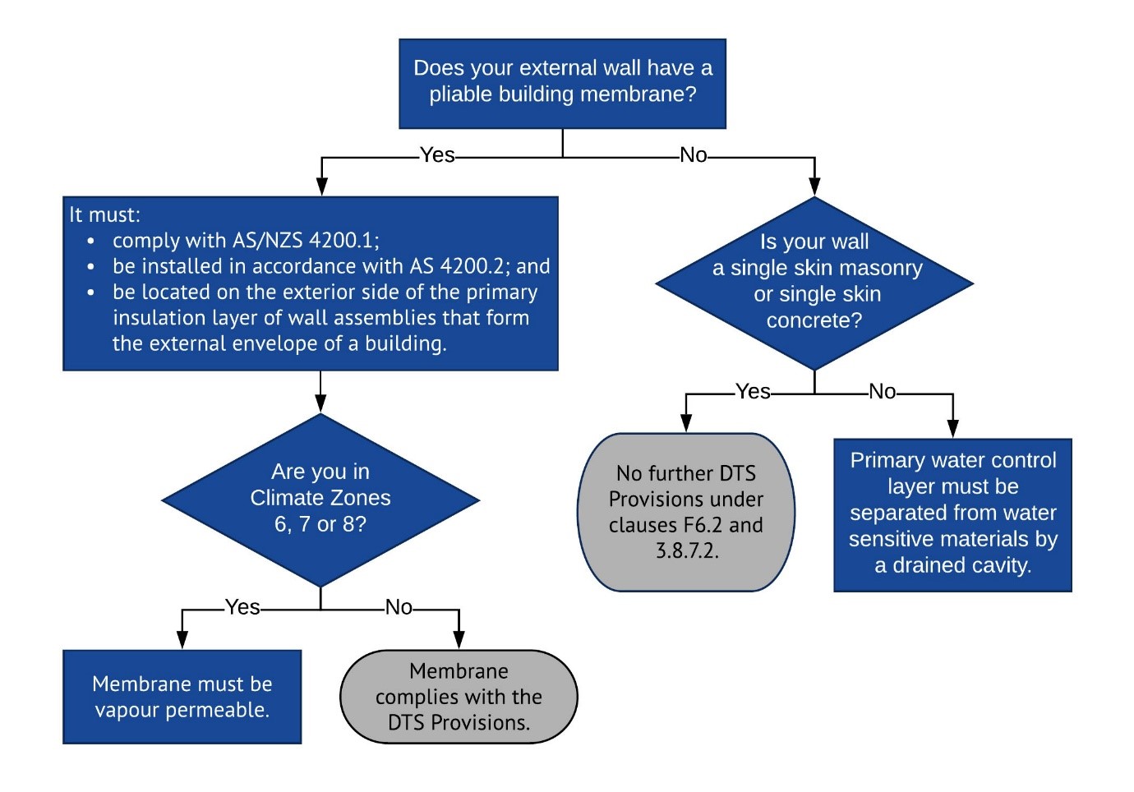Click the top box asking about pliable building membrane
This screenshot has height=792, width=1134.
tap(562, 83)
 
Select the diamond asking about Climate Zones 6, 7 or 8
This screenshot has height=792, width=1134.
tap(320, 499)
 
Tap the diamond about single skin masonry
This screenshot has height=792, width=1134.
tap(814, 283)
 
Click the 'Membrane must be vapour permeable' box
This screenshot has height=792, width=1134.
tap(182, 697)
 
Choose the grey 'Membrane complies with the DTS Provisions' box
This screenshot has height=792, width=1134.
tap(459, 697)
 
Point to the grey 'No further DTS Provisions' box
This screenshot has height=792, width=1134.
tap(686, 512)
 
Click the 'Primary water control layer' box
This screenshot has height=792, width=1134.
tap(952, 514)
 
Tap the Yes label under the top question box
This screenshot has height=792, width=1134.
tap(436, 155)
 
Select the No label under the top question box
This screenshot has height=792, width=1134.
tap(693, 155)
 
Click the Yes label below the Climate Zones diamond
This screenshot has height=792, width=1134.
tap(242, 607)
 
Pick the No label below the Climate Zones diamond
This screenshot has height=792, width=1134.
tap(399, 607)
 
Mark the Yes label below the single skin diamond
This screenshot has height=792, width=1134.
tap(753, 392)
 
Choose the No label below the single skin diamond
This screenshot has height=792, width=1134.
tap(882, 392)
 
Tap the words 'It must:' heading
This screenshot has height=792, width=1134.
tap(104, 215)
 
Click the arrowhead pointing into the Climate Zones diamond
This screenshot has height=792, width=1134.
tap(320, 403)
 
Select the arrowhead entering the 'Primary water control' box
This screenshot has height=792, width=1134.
tap(952, 429)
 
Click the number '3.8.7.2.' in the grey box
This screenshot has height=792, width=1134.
tap(687, 550)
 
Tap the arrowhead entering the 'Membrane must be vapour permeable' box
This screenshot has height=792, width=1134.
tap(182, 640)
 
